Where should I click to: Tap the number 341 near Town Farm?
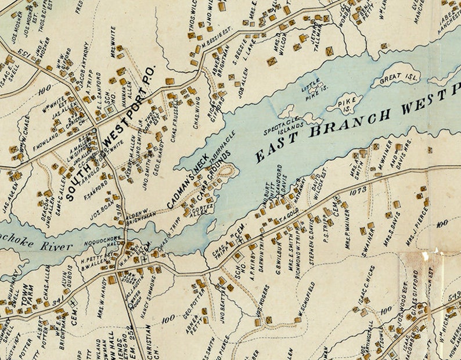pos(57,301)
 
